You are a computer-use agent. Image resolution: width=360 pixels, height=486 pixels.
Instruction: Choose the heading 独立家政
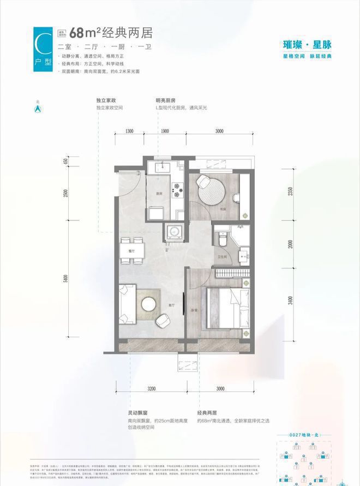pyautogui.click(x=107, y=101)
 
